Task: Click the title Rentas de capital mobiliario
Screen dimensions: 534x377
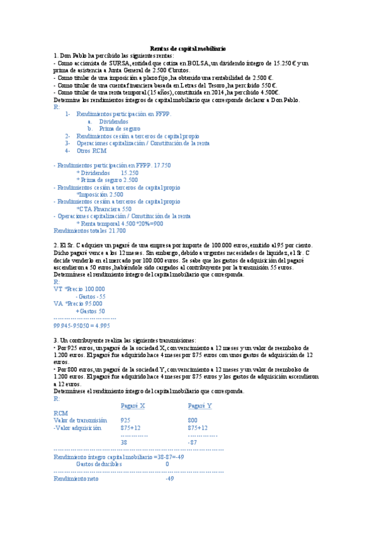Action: (x=188, y=48)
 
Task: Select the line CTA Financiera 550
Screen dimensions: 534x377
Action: (x=104, y=209)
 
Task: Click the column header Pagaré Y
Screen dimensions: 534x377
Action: (x=200, y=406)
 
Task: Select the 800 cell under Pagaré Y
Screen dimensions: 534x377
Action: (x=193, y=420)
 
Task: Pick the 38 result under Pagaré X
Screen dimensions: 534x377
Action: (x=124, y=443)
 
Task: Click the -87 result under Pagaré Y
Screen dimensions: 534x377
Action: (x=193, y=443)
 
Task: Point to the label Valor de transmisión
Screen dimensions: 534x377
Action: (x=81, y=420)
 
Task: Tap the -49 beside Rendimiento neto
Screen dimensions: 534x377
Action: (x=169, y=479)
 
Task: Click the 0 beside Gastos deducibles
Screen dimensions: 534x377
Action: (x=167, y=464)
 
